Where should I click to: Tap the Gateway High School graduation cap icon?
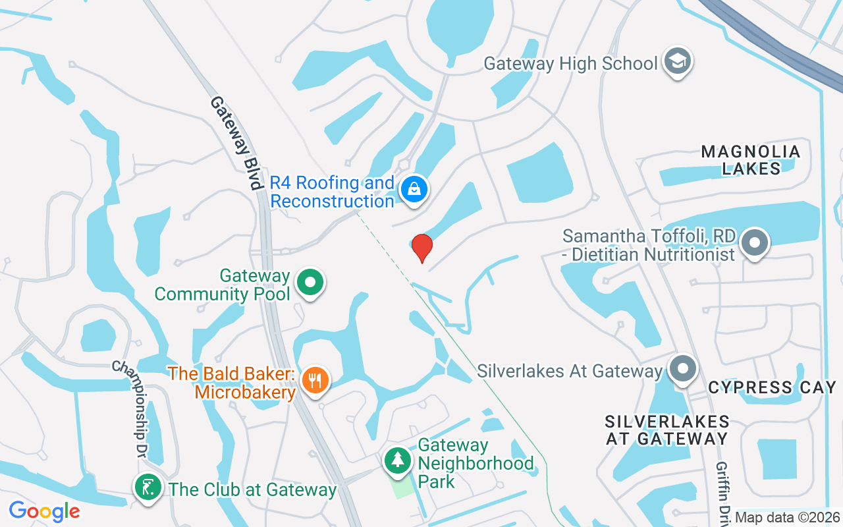[678, 61]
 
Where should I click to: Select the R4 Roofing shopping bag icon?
[414, 190]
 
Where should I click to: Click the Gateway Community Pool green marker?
[310, 283]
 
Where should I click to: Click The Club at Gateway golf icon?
[148, 488]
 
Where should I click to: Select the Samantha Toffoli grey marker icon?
[755, 242]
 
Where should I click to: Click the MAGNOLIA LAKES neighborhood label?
[751, 160]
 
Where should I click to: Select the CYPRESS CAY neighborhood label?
[772, 387]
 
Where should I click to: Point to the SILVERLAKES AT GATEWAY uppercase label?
[667, 430]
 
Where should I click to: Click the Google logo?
[44, 511]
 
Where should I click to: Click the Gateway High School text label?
[570, 64]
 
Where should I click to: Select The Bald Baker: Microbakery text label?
[232, 383]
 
